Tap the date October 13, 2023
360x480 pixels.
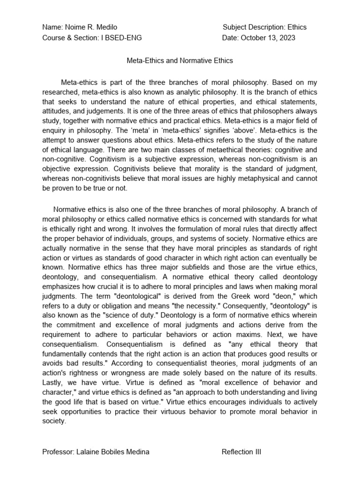[268, 37]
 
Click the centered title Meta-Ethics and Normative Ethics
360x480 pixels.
[180, 60]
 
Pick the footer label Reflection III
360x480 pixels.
[241, 452]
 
